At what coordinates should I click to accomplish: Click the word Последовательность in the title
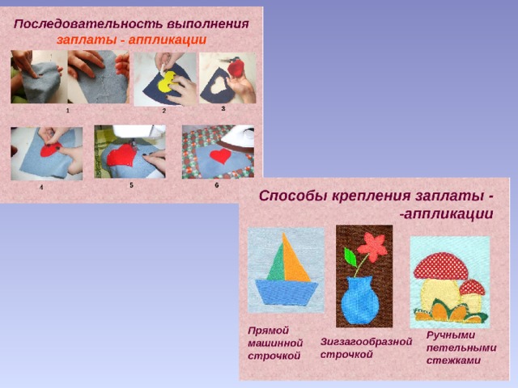(x=88, y=24)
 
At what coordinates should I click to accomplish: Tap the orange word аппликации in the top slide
(x=168, y=40)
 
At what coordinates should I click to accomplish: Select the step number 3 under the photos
(x=223, y=108)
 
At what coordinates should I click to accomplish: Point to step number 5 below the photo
(x=131, y=185)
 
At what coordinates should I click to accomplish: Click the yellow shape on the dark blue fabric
(x=168, y=81)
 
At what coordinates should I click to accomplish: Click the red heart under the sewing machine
(x=121, y=154)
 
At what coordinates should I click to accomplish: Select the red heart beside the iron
(x=220, y=155)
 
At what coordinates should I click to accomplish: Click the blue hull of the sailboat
(x=286, y=293)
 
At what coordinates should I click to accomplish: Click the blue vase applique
(x=359, y=298)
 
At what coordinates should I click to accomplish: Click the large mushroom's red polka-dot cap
(x=440, y=266)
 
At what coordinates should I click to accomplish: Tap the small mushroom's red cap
(x=473, y=288)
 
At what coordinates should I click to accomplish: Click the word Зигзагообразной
(x=366, y=342)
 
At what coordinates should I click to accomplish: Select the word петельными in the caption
(x=461, y=348)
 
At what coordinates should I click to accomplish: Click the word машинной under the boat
(x=275, y=344)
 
